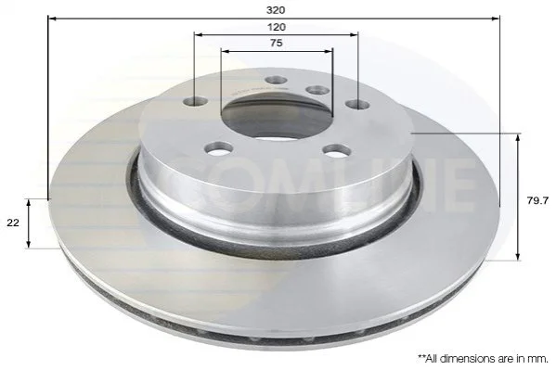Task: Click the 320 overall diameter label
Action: pyautogui.click(x=276, y=10)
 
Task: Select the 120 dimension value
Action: pyautogui.click(x=277, y=27)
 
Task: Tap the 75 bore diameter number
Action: pyautogui.click(x=277, y=43)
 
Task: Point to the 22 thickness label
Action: pyautogui.click(x=13, y=223)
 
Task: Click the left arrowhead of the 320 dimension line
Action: pyautogui.click(x=52, y=18)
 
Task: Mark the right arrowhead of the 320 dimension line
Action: pyautogui.click(x=496, y=18)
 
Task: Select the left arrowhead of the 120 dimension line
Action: pyautogui.click(x=199, y=34)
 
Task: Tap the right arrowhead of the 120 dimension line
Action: pyautogui.click(x=354, y=34)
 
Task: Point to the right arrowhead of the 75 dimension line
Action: pyautogui.click(x=329, y=51)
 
